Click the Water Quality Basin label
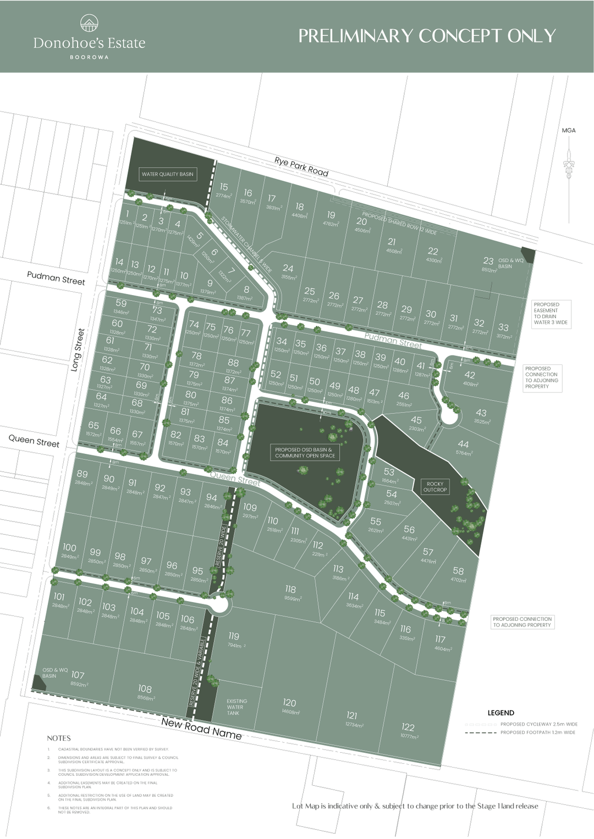click(167, 174)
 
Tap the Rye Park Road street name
click(301, 166)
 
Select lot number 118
click(290, 590)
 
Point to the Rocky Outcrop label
click(435, 487)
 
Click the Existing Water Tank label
click(237, 707)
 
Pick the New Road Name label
click(201, 729)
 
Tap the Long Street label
click(78, 349)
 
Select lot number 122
click(408, 727)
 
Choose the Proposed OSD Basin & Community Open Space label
click(305, 453)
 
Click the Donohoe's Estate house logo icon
click(89, 24)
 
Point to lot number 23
click(488, 261)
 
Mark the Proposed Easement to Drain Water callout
click(552, 314)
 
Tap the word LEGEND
click(501, 713)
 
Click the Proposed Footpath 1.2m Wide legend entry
click(537, 732)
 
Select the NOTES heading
click(59, 738)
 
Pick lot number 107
click(78, 675)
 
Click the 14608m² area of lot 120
click(290, 712)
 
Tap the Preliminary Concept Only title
click(427, 36)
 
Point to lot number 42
click(469, 375)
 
